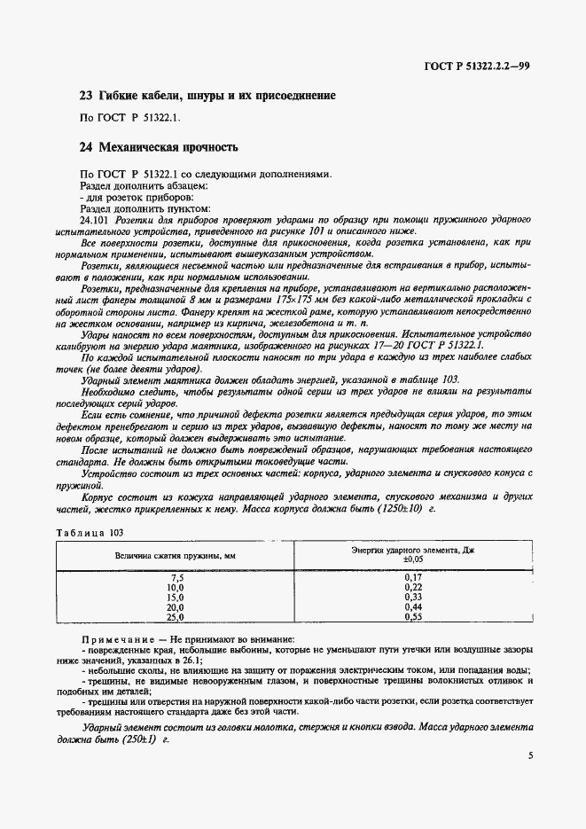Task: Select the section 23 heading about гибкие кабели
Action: click(207, 95)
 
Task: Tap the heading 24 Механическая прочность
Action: click(168, 146)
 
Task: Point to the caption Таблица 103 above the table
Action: click(90, 532)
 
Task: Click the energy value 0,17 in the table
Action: click(413, 578)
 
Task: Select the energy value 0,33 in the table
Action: click(413, 598)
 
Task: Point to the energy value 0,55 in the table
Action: click(413, 617)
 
